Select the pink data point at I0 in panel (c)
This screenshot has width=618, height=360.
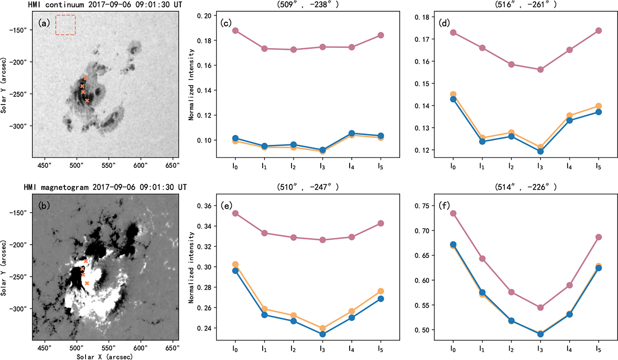(x=235, y=30)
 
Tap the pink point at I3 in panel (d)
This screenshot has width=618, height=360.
(x=540, y=70)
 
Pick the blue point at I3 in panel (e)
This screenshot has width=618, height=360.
(x=322, y=334)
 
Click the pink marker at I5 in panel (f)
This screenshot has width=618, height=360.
(x=598, y=237)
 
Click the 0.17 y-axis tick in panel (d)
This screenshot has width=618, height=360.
(x=422, y=39)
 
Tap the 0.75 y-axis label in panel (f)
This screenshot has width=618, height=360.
(x=422, y=206)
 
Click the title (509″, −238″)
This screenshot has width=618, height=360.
(x=307, y=5)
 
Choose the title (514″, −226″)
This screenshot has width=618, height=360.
(x=526, y=187)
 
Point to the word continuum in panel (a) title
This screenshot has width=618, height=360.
(x=64, y=5)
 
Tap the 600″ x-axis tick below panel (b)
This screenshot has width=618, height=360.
(x=141, y=348)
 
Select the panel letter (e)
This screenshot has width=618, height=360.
(x=226, y=205)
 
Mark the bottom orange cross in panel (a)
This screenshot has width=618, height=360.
(x=87, y=100)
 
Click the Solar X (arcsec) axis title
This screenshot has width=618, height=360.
(x=105, y=357)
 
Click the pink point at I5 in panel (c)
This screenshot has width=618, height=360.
(x=381, y=36)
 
